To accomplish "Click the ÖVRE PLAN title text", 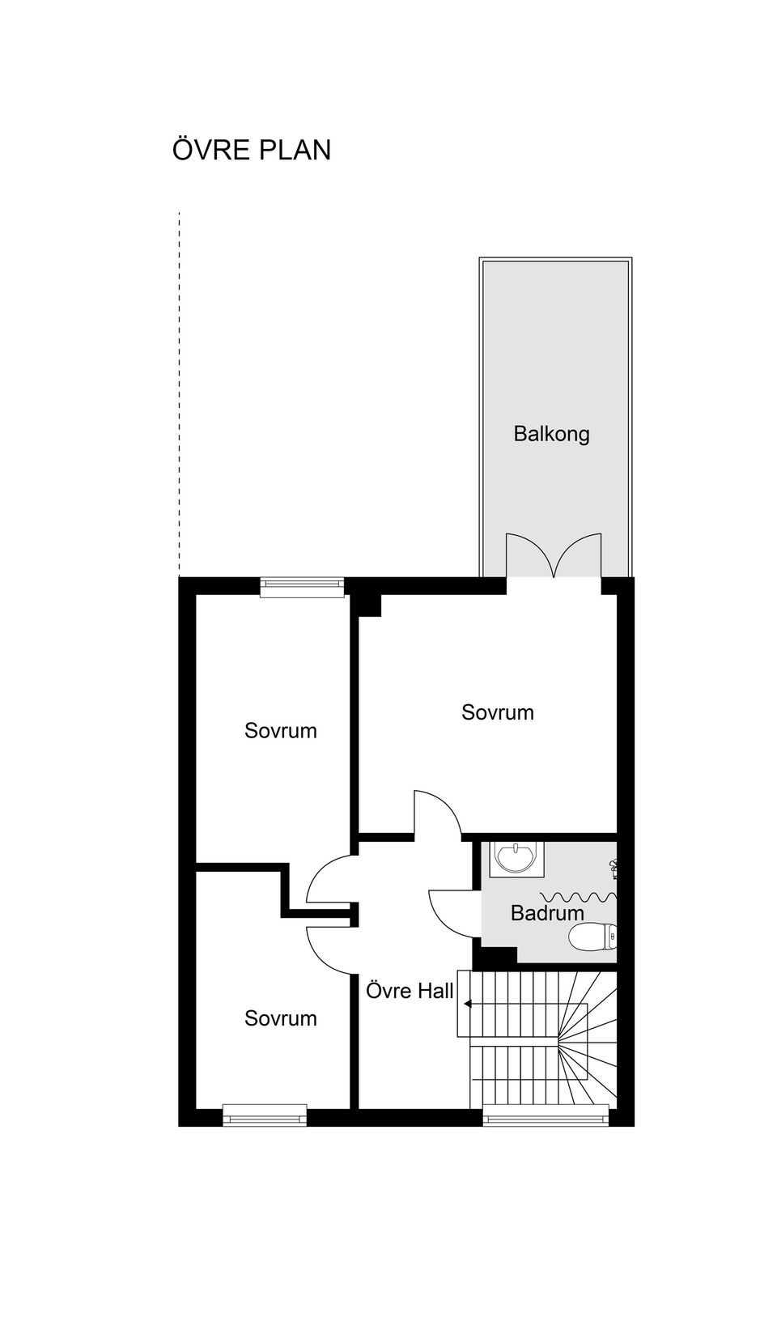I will click(x=252, y=151).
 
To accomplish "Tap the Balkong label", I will click(x=551, y=434).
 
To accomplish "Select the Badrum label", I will click(x=547, y=913).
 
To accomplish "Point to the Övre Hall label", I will click(x=410, y=991).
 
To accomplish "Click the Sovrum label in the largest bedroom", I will click(x=497, y=712).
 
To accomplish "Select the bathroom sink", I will click(x=512, y=857).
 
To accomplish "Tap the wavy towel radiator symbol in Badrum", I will click(x=577, y=896).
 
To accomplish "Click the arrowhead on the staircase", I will click(x=468, y=1005).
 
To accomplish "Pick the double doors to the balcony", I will click(x=554, y=556).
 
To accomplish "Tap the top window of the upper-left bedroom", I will click(x=302, y=587).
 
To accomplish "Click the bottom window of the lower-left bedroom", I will click(x=265, y=1115).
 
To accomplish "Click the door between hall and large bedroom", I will click(x=437, y=814).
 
